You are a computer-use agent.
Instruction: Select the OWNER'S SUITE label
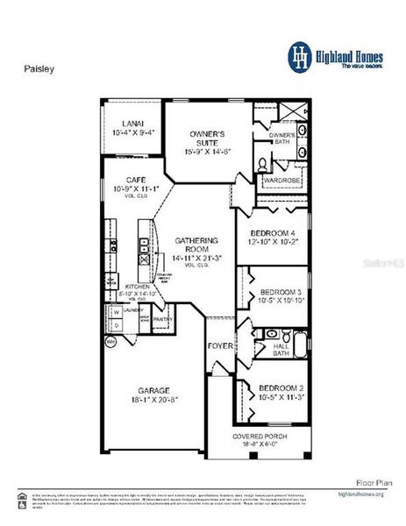tap(208, 134)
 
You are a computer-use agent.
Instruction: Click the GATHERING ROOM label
tap(190, 240)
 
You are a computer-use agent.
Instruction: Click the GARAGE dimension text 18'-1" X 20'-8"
tap(153, 400)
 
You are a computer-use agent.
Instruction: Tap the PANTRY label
tap(163, 319)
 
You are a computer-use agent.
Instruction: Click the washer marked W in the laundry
tap(115, 311)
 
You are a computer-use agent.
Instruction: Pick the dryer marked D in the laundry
tap(115, 324)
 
